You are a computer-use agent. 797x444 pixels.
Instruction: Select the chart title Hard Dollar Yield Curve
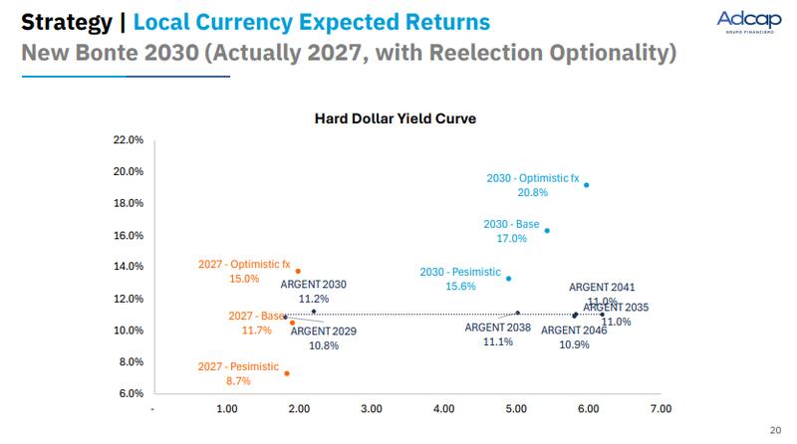point(396,118)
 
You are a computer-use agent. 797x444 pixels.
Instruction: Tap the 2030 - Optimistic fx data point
point(586,185)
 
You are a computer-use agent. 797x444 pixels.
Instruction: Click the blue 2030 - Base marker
point(547,230)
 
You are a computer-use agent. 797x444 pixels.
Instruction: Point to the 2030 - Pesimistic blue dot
point(508,279)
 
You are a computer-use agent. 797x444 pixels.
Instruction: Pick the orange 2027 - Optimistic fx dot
point(297,271)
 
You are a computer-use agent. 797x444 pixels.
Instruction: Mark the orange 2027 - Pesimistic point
point(287,373)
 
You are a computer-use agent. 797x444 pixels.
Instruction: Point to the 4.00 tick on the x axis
point(444,409)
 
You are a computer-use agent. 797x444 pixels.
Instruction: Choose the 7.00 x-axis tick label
point(661,409)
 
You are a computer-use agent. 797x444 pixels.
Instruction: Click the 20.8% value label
point(532,193)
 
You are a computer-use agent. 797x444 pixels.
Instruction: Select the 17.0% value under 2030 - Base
point(511,239)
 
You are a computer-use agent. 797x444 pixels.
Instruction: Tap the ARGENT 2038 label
point(498,327)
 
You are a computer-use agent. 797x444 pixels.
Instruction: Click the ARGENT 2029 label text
point(324,331)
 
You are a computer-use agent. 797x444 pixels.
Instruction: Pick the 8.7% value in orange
point(238,381)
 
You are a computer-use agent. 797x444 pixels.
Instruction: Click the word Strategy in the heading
point(66,21)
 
